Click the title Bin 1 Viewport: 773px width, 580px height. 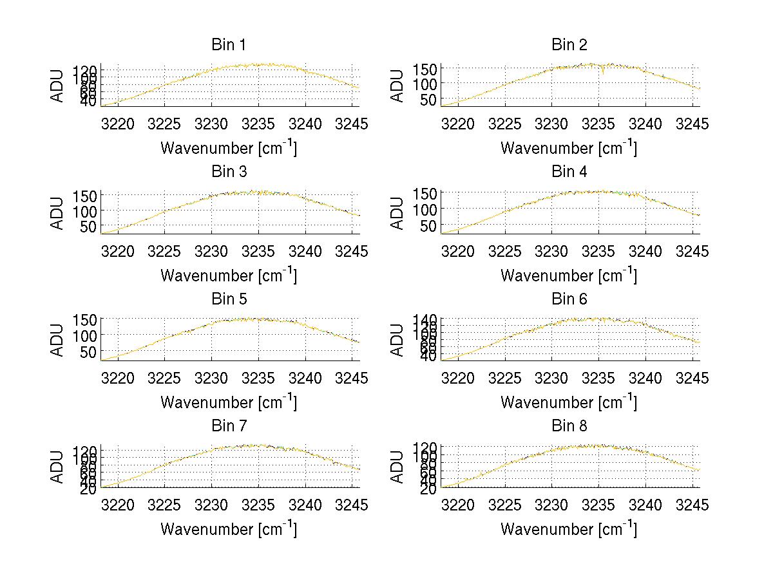(x=229, y=45)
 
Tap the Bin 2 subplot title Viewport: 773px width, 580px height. (x=569, y=45)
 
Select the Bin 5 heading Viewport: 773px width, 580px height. (x=229, y=299)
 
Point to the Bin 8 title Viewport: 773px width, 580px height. (x=569, y=426)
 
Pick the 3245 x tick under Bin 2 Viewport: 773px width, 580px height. (x=693, y=124)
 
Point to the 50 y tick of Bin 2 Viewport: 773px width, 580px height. (x=430, y=98)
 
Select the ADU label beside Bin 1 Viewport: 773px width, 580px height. (x=58, y=85)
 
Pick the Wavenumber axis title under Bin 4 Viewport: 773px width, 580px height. (x=569, y=276)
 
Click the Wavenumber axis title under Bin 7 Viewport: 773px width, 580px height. (x=229, y=529)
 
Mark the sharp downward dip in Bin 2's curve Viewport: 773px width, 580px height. (x=603, y=72)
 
